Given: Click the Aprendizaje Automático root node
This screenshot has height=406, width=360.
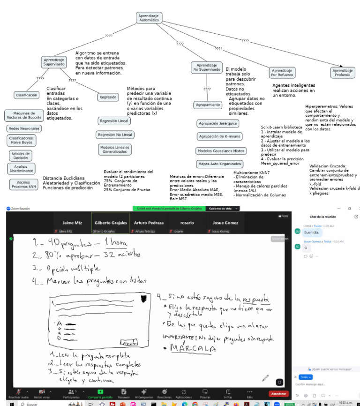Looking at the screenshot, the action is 150,18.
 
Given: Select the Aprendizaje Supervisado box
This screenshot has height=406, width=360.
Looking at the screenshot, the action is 54,62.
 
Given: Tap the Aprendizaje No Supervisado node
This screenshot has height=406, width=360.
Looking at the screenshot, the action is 206,67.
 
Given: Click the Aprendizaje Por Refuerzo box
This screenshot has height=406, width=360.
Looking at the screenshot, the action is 282,72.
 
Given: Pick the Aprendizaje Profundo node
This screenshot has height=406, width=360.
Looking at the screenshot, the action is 342,72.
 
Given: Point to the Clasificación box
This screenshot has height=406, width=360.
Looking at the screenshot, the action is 27,95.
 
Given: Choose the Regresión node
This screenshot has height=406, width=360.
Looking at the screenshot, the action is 107,97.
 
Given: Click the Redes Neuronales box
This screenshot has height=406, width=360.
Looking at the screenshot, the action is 24,128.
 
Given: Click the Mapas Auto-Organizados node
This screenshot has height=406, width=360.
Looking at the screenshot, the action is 219,164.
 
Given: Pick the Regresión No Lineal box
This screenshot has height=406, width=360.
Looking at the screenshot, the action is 114,135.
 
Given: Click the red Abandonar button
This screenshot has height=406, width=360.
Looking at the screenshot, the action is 278,394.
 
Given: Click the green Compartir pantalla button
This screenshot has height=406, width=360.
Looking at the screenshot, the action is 100,393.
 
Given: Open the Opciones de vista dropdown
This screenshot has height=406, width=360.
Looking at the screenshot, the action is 220,209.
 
